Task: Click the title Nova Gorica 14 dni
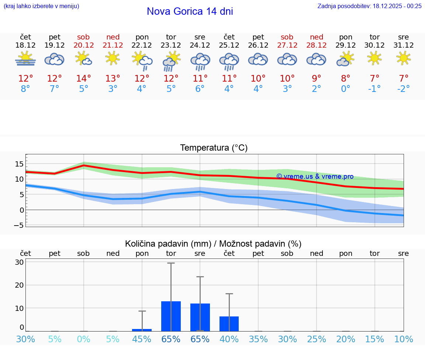(190, 11)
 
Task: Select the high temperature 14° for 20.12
(83, 79)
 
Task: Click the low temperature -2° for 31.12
(403, 89)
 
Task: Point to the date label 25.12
(229, 45)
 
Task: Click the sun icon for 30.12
(374, 58)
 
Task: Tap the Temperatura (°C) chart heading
(214, 148)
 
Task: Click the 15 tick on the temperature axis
(19, 164)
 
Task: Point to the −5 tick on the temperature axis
(19, 225)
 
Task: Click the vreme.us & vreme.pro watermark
(315, 176)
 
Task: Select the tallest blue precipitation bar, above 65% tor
(171, 316)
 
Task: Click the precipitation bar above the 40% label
(229, 324)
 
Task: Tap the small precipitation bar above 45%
(142, 330)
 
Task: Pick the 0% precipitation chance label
(84, 339)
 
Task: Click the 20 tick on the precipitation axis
(19, 285)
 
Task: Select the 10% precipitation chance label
(403, 339)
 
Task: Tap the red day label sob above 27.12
(287, 37)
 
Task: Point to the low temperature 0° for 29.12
(345, 89)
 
